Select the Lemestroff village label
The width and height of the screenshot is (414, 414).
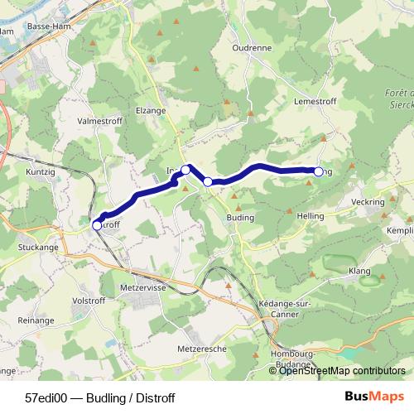coord(312,99)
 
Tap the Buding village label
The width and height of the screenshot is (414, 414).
coord(239,218)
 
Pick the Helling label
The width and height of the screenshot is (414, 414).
coord(310,214)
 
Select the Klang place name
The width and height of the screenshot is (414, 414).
coord(359,271)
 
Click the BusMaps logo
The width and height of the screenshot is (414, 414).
coord(373,397)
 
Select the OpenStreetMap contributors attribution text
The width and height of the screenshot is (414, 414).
coord(343,371)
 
